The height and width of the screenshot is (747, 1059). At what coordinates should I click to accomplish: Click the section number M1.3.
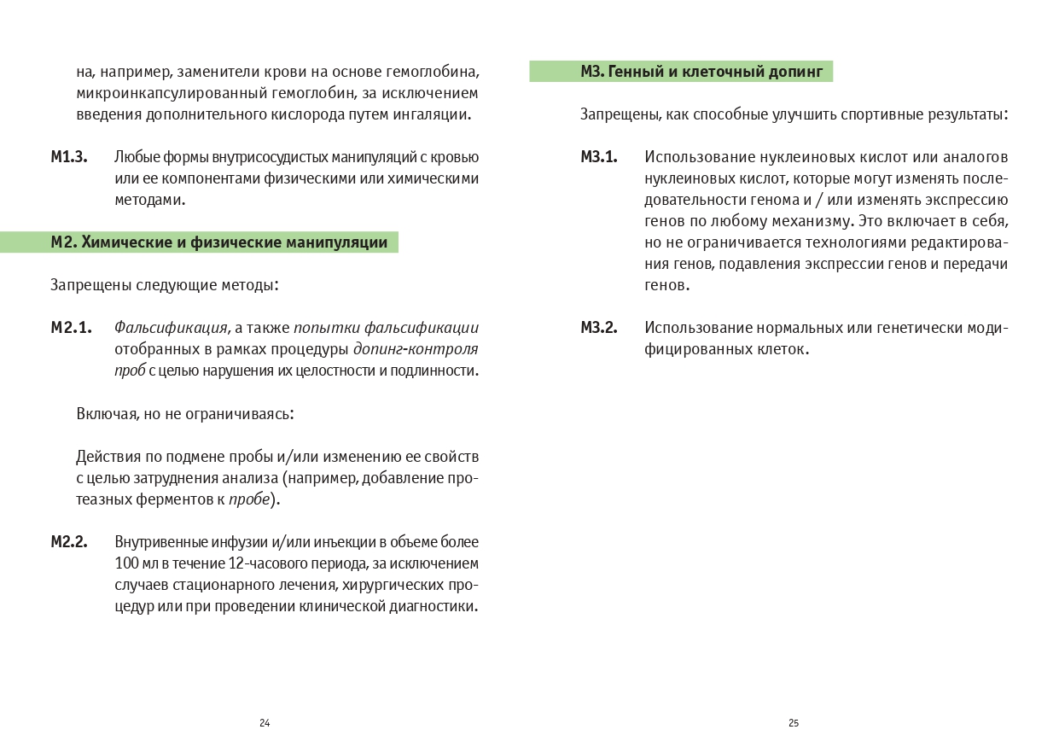coord(69,157)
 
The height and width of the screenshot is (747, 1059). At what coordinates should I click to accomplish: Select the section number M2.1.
coord(71,328)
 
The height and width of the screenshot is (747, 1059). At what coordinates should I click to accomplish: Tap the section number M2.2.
coord(69,542)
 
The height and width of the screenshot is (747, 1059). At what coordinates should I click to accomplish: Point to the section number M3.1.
coord(599,157)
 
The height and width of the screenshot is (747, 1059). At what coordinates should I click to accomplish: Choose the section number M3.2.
coord(599,328)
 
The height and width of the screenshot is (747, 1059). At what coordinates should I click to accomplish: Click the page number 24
coord(265,723)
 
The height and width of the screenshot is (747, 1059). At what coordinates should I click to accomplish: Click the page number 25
coord(794,723)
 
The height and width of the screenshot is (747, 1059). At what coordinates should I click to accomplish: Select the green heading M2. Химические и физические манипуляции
coord(218,242)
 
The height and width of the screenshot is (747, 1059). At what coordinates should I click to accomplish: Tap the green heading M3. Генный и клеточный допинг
coord(701,72)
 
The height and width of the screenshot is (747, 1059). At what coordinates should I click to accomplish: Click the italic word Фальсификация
coord(171,328)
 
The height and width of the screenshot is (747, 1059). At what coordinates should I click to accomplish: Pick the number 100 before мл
coord(126,563)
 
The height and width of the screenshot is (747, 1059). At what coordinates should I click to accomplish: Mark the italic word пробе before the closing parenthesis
coord(248,499)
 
